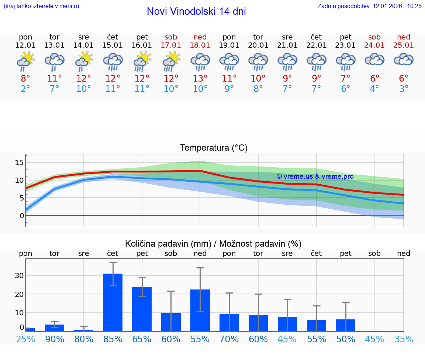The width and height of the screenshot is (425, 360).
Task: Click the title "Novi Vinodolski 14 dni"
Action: (196, 11)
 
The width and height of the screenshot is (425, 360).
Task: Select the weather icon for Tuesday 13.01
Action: (55, 61)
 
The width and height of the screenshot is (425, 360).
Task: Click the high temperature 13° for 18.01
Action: (200, 78)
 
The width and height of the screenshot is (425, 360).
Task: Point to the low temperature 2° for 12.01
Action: (25, 89)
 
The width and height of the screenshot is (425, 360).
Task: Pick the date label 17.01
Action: (171, 45)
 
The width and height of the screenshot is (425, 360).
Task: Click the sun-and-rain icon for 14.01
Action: (84, 61)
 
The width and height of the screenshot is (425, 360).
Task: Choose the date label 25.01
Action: (404, 45)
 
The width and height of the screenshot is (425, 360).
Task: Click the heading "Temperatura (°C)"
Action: (214, 148)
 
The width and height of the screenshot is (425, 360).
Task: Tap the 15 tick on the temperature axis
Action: (19, 162)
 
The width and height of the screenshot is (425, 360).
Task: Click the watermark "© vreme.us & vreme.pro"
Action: (315, 176)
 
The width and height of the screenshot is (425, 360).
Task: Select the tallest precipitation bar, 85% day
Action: (113, 302)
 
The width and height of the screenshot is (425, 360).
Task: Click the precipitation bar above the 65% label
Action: (142, 309)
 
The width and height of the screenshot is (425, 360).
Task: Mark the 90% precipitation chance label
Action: (55, 339)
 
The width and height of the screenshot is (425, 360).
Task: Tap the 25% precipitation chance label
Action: (25, 339)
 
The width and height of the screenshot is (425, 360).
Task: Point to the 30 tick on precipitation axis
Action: (19, 275)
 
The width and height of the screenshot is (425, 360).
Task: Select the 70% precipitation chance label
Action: (229, 339)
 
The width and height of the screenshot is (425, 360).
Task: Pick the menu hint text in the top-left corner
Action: (41, 6)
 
